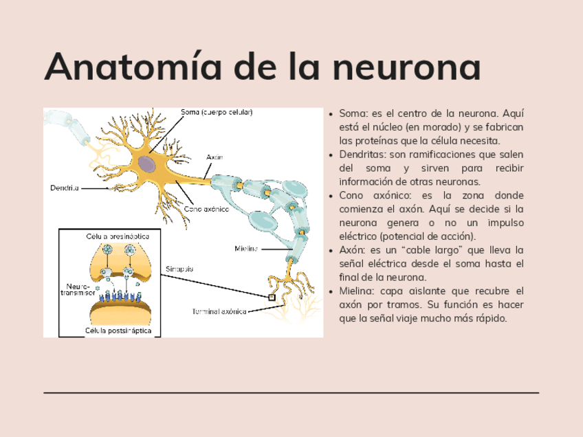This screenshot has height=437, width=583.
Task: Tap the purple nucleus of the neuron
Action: [146, 164]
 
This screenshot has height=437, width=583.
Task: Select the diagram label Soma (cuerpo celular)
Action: [217, 112]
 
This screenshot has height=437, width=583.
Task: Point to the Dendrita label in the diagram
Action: [65, 187]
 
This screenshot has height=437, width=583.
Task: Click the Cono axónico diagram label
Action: [206, 209]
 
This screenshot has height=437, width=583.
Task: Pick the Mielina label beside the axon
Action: [246, 248]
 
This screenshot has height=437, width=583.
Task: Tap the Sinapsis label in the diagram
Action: [179, 269]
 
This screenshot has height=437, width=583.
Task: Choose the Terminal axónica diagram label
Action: [218, 311]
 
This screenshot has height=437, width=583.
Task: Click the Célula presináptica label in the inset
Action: [118, 236]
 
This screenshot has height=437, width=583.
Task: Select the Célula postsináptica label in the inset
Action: [118, 330]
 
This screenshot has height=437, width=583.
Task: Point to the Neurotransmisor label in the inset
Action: [80, 289]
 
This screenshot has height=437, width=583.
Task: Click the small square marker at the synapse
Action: [272, 298]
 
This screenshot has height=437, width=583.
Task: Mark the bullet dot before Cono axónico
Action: [331, 196]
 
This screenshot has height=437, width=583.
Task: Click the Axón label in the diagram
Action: [214, 157]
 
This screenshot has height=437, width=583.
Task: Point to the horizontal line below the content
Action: [291, 393]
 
